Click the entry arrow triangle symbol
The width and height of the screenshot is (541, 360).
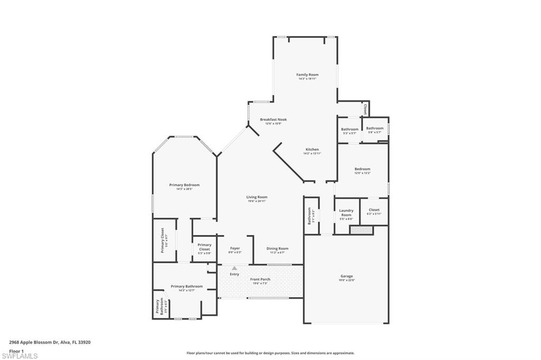click(x=235, y=269)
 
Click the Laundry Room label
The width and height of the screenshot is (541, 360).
click(x=346, y=213)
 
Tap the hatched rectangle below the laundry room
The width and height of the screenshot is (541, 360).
click(x=362, y=230)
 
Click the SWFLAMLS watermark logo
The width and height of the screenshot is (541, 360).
click(x=20, y=355)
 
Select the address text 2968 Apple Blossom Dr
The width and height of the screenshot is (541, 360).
click(x=50, y=342)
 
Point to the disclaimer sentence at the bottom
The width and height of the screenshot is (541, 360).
click(x=270, y=353)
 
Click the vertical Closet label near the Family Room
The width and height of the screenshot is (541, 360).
click(x=365, y=109)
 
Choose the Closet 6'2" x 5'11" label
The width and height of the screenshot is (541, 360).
click(x=374, y=212)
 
